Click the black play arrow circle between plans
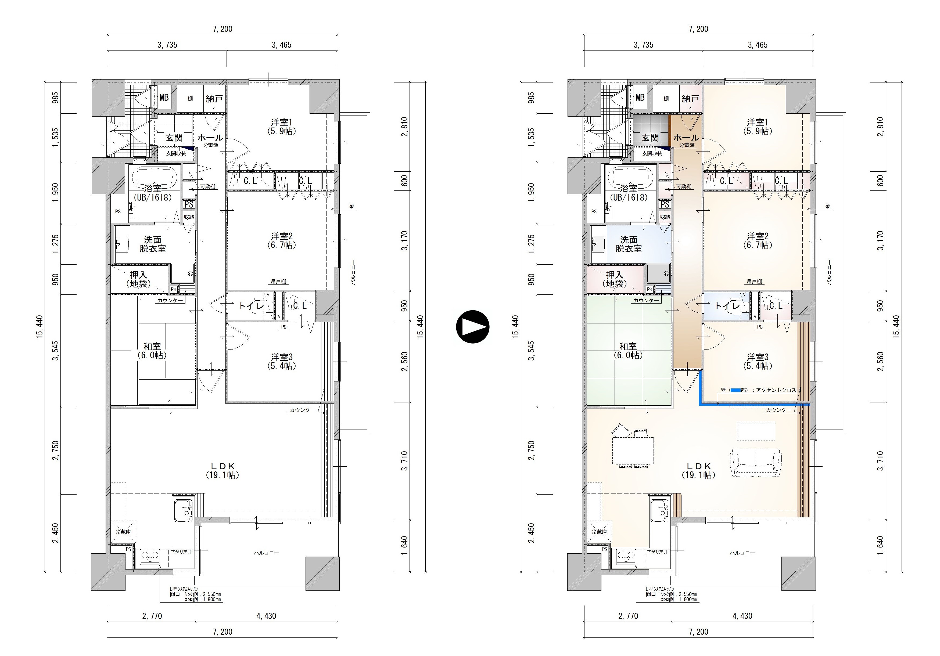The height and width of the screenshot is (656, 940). point(473,327)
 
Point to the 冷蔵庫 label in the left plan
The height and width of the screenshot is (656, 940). point(123,531)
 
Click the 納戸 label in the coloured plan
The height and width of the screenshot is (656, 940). point(690,99)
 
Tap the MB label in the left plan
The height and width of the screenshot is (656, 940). point(164,98)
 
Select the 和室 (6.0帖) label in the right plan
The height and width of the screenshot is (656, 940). point(628,351)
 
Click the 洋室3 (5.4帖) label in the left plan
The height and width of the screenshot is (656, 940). point(281,361)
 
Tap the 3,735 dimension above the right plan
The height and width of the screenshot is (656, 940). point(644,45)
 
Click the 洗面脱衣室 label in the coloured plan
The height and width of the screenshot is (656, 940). point(629,244)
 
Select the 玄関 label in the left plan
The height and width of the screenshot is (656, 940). point(174,138)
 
